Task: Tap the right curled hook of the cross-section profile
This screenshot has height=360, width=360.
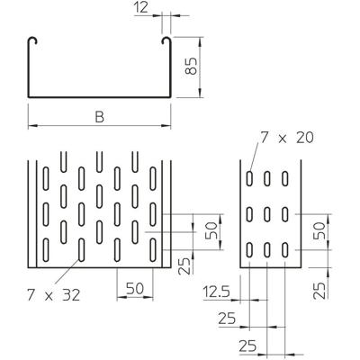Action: (166, 42)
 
